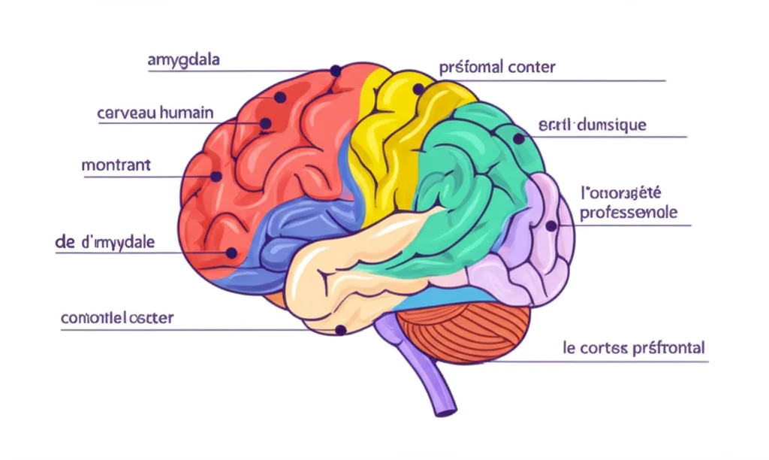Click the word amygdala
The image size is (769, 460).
pos(184,60)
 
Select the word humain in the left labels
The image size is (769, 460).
pos(183,113)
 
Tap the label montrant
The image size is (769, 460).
pos(116,165)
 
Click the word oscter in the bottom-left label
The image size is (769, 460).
pos(151,318)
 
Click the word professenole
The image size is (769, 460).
pos(629,212)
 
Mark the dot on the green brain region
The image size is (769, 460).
pos(518,139)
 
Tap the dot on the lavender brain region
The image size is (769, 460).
pos(550,225)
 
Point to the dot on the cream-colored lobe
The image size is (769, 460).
pos(340,328)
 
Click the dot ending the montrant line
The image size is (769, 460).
pos(216,177)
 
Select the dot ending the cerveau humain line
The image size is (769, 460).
pos(265,124)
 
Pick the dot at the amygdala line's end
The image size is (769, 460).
pos(335,71)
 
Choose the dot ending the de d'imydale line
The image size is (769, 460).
pos(232,253)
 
